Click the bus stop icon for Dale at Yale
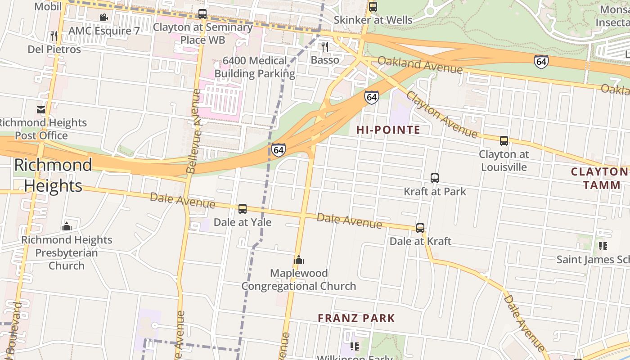point(242,208)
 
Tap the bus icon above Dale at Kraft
point(420,228)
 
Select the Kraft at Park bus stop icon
point(434,178)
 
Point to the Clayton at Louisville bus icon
point(504,141)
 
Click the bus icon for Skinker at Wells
point(373,7)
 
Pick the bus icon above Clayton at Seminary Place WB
point(202,14)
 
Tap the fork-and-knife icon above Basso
point(324,46)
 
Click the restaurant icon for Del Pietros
point(54,36)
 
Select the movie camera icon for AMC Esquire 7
point(103,18)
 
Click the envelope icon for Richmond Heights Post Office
point(41,109)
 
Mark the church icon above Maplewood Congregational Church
point(299,260)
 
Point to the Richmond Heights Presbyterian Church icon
point(67,226)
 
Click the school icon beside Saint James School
point(603,246)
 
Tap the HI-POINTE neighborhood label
point(388,130)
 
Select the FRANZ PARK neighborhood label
point(356,318)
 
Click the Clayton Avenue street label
point(441,115)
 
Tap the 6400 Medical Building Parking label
point(255,67)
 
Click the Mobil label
point(48,6)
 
